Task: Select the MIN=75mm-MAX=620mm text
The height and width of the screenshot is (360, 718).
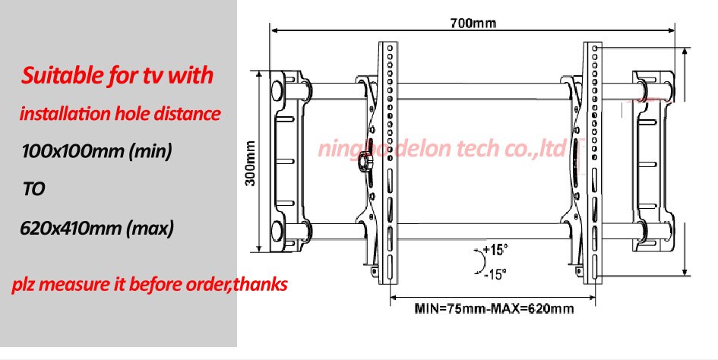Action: (494, 309)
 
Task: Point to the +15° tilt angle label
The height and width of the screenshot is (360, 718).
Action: (495, 250)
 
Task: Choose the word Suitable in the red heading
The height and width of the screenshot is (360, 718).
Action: (59, 77)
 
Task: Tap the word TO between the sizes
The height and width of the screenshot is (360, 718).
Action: (33, 189)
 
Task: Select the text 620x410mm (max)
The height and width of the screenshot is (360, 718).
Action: (97, 227)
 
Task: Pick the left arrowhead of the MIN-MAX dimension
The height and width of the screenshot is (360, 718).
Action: (394, 297)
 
